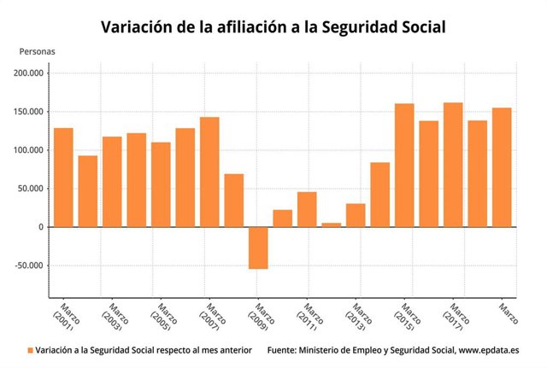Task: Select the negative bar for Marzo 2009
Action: click(x=258, y=248)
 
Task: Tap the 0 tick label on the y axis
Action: click(x=42, y=227)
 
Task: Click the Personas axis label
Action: click(x=37, y=51)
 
